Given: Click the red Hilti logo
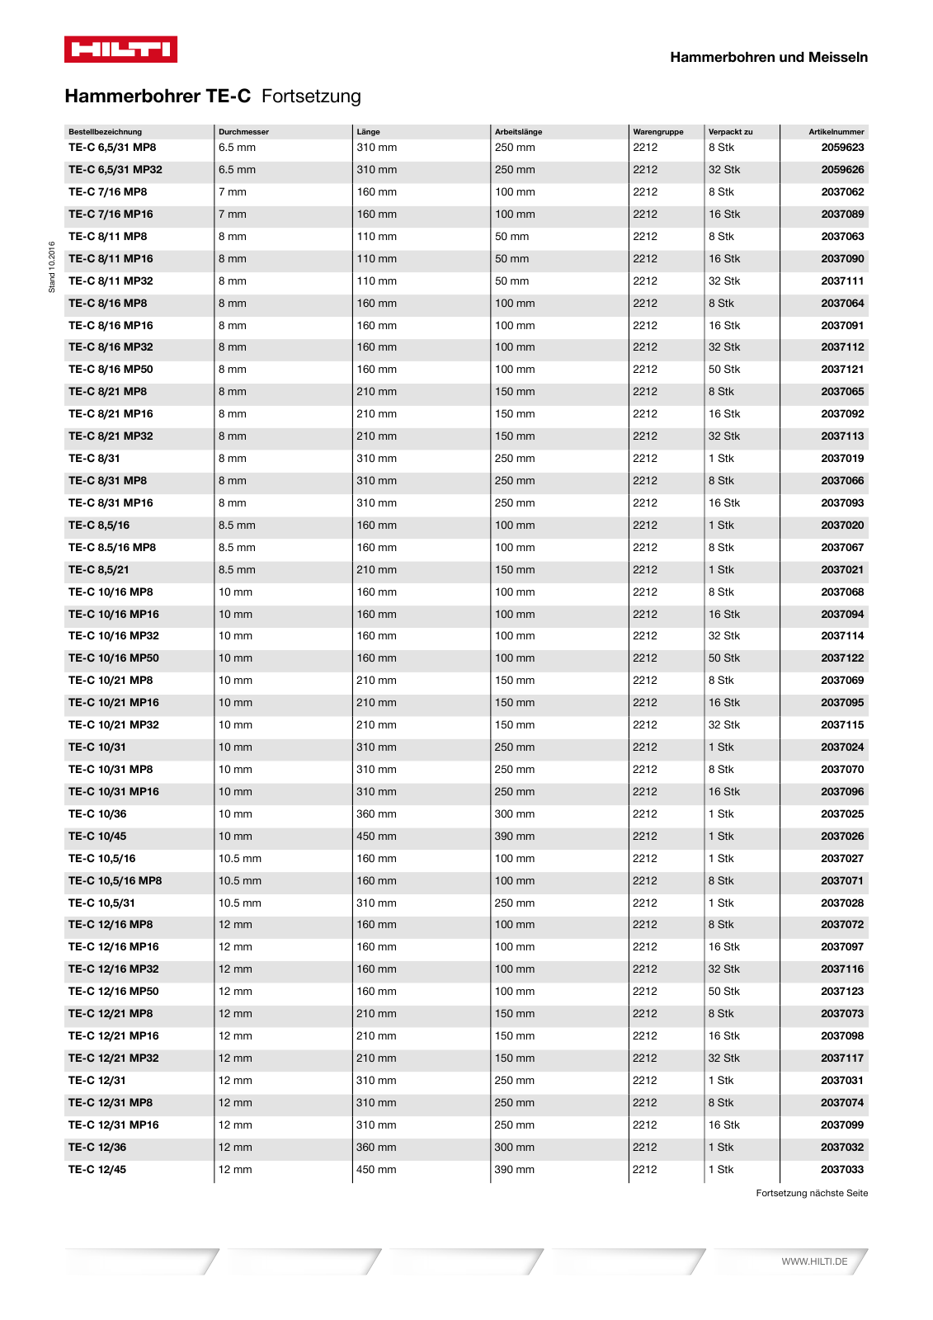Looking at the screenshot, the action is pyautogui.click(x=120, y=49).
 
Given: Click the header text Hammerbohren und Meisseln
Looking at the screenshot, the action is pyautogui.click(x=768, y=57).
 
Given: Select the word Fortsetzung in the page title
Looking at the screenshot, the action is pyautogui.click(x=311, y=97).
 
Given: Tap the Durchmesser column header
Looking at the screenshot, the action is pyautogui.click(x=243, y=132).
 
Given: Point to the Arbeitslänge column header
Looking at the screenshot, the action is pyautogui.click(x=518, y=132).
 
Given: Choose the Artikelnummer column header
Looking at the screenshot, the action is pyautogui.click(x=836, y=132).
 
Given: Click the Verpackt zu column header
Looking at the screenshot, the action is pyautogui.click(x=730, y=132).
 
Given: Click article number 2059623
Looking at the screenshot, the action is pyautogui.click(x=842, y=148).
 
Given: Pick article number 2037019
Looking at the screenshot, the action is pyautogui.click(x=842, y=459).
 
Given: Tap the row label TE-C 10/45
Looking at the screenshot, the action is pyautogui.click(x=97, y=837).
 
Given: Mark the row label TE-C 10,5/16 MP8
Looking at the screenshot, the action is pyautogui.click(x=115, y=881).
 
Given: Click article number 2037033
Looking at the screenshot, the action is pyautogui.click(x=842, y=1170).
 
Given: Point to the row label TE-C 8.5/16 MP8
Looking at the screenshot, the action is pyautogui.click(x=112, y=548).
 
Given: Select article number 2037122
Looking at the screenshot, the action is pyautogui.click(x=842, y=658).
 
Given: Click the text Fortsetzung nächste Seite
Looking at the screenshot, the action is pyautogui.click(x=812, y=1193).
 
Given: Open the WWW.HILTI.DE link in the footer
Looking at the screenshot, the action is pyautogui.click(x=814, y=1261).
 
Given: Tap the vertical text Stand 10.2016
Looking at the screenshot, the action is pyautogui.click(x=51, y=266).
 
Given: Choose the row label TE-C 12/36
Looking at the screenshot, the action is pyautogui.click(x=97, y=1148).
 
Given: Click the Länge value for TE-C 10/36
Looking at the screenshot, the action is pyautogui.click(x=376, y=814).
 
